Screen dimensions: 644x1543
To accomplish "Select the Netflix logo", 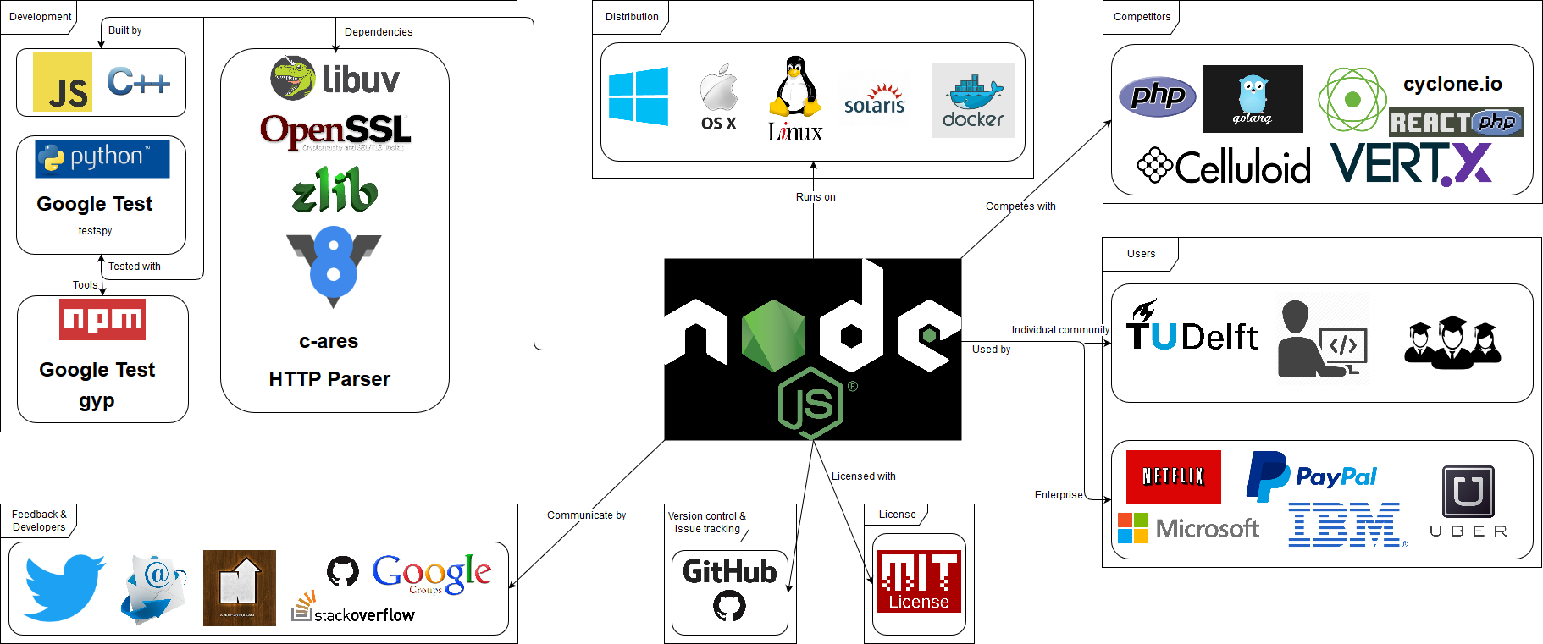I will click(x=1173, y=476).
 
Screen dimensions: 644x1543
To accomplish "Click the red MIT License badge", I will click(x=919, y=581).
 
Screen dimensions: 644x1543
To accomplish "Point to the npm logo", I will click(x=102, y=319).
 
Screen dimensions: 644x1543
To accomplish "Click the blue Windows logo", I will click(x=639, y=96).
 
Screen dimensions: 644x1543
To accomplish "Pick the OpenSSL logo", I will click(x=335, y=131).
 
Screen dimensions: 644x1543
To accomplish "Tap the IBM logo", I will click(x=1345, y=525).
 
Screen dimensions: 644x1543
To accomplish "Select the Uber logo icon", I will click(x=1468, y=492).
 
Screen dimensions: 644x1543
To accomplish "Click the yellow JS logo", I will click(x=63, y=82).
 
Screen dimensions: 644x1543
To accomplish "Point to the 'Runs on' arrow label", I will click(x=816, y=197).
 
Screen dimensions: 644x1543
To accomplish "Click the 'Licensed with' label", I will click(x=863, y=476).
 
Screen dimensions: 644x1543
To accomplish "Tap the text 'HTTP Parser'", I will click(x=329, y=379).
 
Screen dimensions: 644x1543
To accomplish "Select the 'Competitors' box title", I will click(x=1142, y=17).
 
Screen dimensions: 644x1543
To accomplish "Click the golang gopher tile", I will click(x=1253, y=99).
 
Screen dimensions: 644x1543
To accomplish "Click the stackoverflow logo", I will click(x=353, y=610).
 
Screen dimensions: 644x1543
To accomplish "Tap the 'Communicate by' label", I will click(x=586, y=515).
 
